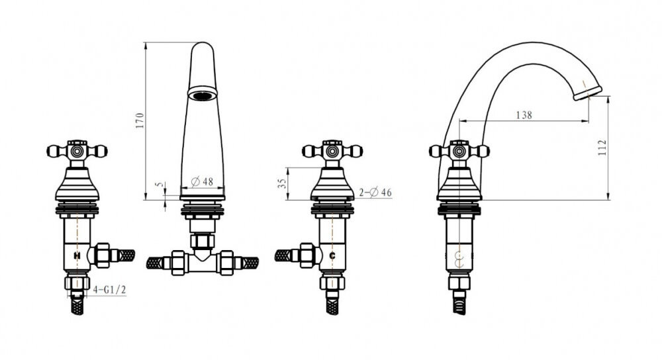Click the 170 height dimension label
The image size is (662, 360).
(140, 120)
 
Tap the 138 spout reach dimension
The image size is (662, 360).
(524, 114)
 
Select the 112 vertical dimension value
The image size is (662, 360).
(602, 148)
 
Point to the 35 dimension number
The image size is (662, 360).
(282, 183)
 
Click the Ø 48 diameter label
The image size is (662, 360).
(202, 182)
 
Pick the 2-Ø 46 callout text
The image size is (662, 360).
(375, 193)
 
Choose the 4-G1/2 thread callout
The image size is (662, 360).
(109, 289)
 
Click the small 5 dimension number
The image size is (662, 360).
(158, 185)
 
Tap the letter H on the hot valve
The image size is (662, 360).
(77, 255)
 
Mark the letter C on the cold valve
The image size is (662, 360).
(332, 255)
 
